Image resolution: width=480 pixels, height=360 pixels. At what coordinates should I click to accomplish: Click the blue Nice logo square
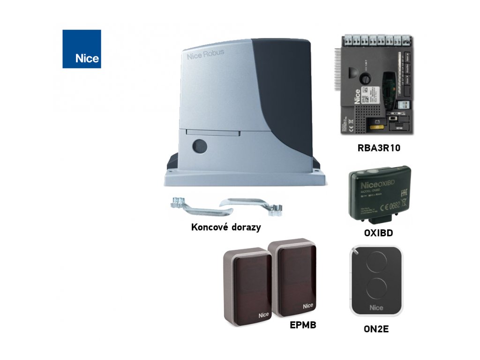pyautogui.click(x=82, y=49)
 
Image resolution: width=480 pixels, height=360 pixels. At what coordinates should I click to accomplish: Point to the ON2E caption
pyautogui.click(x=376, y=329)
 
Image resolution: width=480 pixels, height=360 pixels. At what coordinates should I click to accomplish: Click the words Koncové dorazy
pyautogui.click(x=226, y=227)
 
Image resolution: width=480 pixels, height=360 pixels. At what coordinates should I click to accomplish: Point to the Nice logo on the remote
pyautogui.click(x=376, y=307)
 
